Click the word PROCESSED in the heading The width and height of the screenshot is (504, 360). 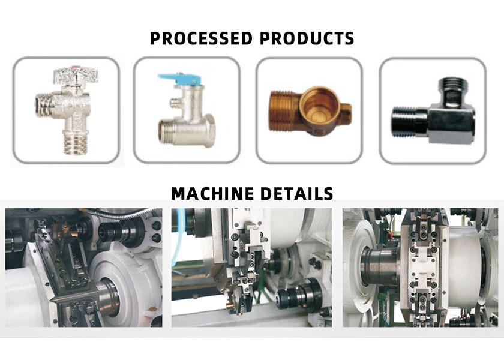coord(202,39)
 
